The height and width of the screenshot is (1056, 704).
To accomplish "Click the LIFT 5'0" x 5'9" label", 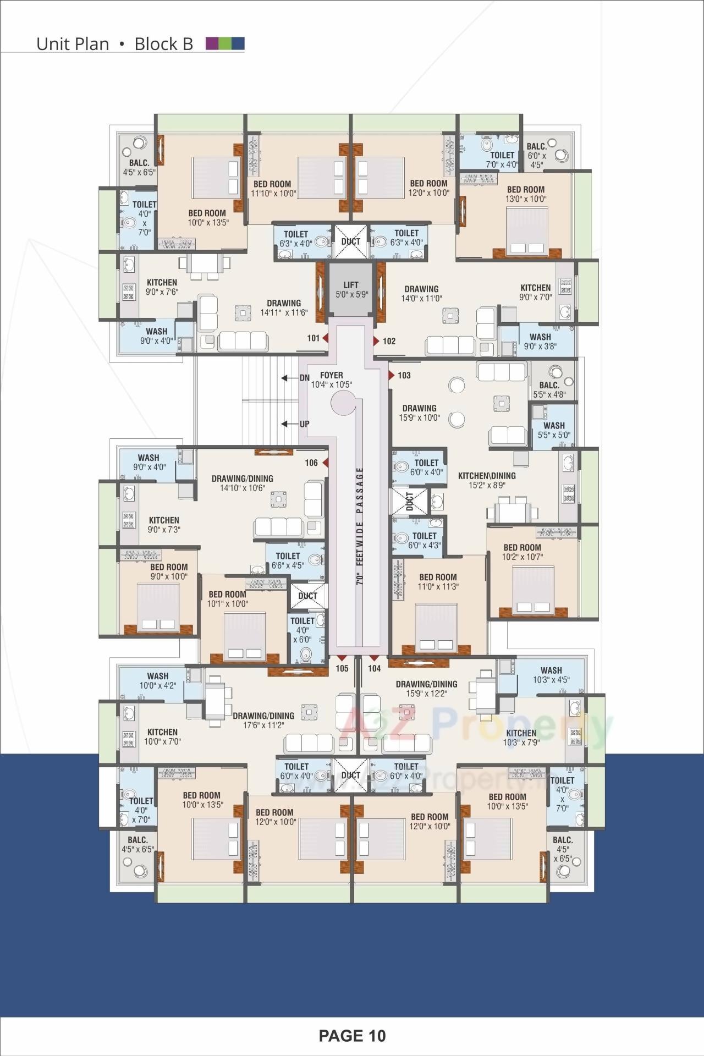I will click(351, 289).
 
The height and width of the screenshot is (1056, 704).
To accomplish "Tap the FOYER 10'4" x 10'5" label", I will click(331, 380).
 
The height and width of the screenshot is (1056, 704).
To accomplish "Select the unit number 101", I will click(313, 338).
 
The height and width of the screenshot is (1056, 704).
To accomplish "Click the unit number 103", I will click(404, 376).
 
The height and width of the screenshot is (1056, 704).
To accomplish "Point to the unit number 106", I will click(311, 463).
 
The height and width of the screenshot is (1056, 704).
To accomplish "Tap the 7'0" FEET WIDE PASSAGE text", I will click(360, 525).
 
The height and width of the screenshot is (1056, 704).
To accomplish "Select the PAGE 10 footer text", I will click(352, 1036).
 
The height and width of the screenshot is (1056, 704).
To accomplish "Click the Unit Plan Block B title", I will click(114, 44).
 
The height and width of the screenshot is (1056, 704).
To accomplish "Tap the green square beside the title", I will click(225, 43).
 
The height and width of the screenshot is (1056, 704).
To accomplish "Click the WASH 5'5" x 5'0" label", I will click(554, 430).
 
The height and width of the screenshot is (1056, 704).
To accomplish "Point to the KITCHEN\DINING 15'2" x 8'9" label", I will click(487, 480).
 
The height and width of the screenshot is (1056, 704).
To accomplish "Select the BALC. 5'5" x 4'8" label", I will click(549, 390).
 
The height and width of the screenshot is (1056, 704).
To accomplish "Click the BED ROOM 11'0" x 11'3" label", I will click(438, 582).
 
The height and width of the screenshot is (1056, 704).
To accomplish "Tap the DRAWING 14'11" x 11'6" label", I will click(284, 308).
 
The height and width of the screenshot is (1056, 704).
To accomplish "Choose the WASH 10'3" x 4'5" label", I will click(551, 675).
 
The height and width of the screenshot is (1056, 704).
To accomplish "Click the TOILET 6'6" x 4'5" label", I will click(288, 560).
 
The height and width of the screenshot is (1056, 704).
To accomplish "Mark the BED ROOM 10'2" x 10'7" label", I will click(522, 552).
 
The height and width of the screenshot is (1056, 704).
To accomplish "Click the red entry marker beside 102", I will click(376, 341).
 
